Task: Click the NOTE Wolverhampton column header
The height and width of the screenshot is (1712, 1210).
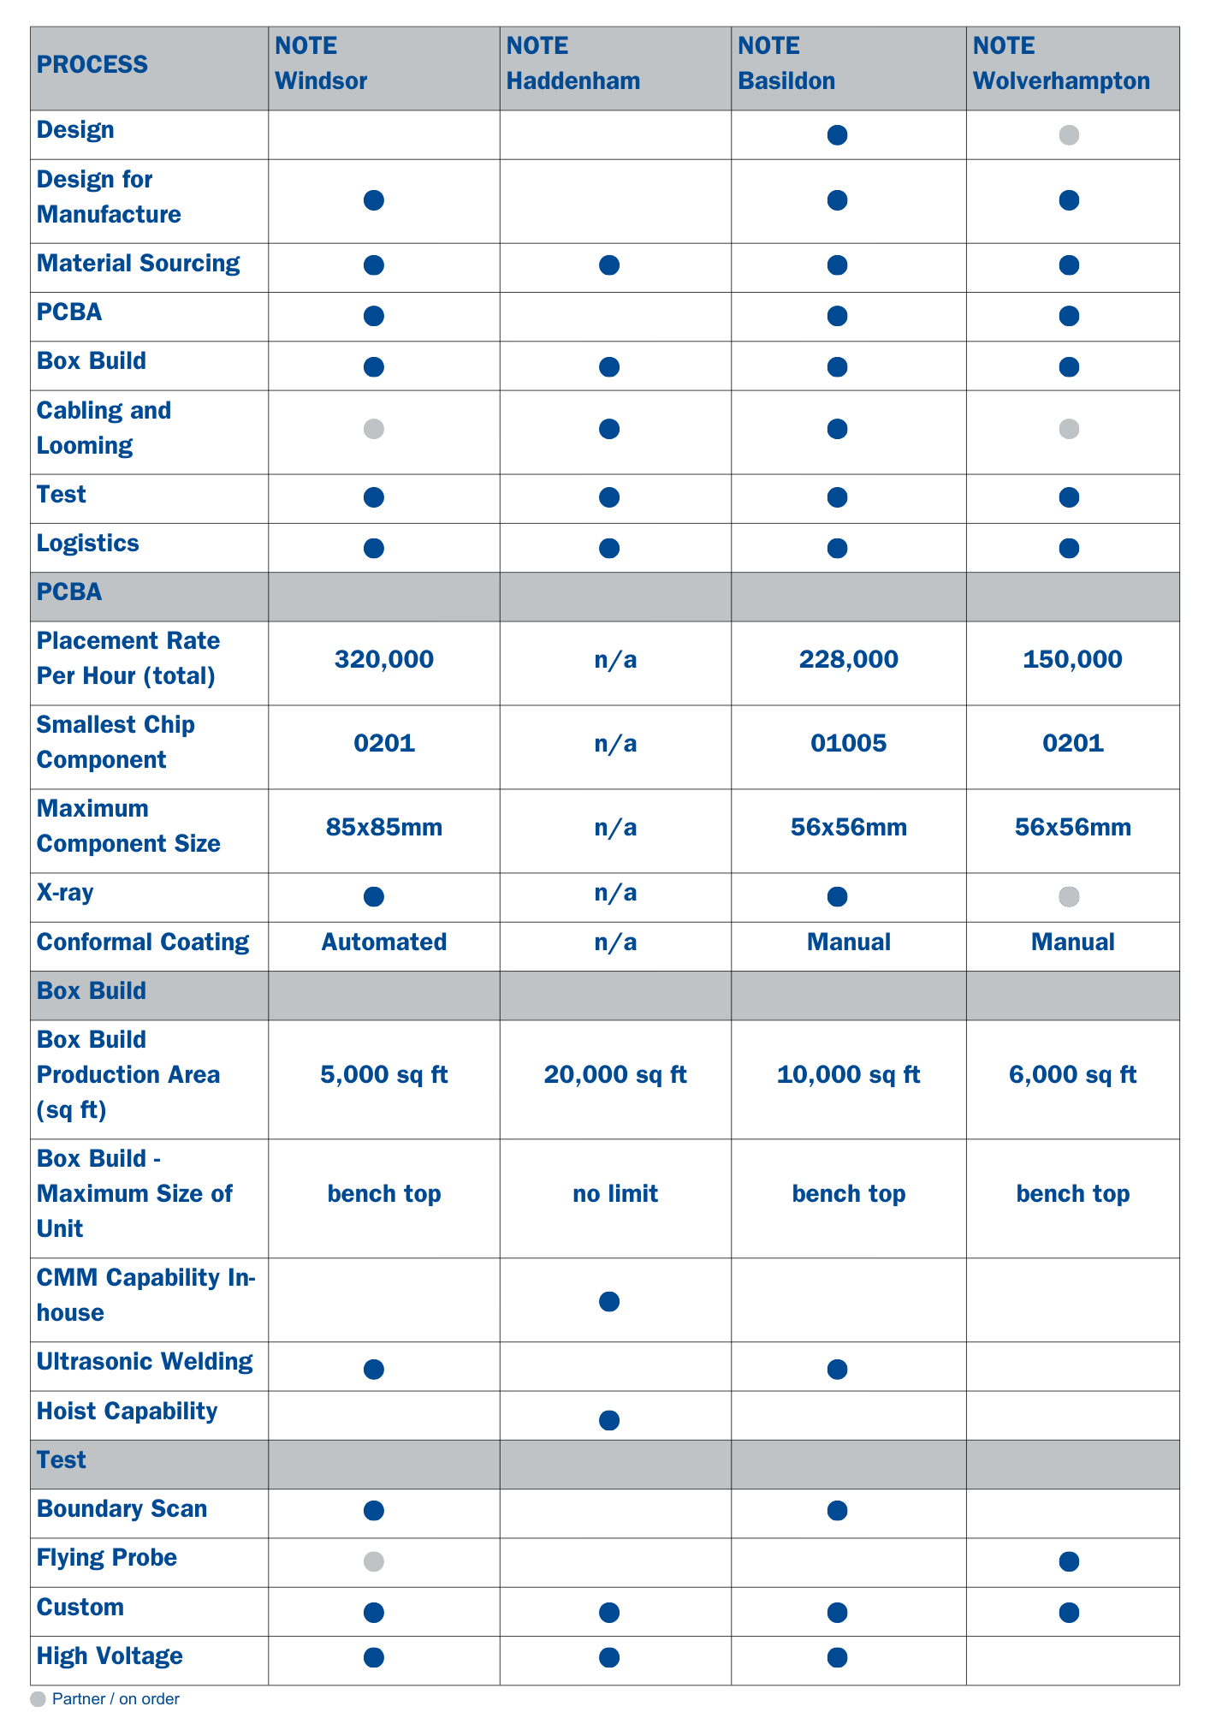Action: click(1061, 64)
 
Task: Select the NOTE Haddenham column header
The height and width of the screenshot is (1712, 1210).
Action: click(572, 64)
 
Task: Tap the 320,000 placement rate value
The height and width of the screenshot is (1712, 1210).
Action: click(384, 659)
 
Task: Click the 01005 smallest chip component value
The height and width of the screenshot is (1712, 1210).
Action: click(848, 743)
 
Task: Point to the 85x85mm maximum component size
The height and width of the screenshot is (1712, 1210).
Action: click(384, 827)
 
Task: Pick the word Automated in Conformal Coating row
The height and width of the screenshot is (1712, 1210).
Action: click(384, 942)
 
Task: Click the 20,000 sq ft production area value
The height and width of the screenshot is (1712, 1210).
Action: click(615, 1074)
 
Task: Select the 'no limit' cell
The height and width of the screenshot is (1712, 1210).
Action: click(615, 1193)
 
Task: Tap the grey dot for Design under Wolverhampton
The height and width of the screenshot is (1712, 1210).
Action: click(1069, 134)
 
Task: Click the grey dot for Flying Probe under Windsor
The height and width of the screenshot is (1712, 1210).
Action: click(374, 1561)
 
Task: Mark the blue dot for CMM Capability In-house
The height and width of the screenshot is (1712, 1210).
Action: click(609, 1302)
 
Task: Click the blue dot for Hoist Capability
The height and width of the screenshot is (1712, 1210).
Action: click(609, 1421)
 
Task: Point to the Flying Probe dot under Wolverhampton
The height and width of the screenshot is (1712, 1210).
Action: click(1069, 1561)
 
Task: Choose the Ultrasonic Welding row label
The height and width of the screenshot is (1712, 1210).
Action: click(145, 1362)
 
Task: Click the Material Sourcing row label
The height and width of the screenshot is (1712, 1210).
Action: click(138, 263)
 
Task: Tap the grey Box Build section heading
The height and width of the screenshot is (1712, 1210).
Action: click(92, 991)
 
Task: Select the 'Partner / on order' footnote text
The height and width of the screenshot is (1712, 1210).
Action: click(116, 1699)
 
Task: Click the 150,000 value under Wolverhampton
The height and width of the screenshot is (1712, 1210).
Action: click(1072, 659)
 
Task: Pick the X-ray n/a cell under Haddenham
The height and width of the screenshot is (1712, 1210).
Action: click(615, 893)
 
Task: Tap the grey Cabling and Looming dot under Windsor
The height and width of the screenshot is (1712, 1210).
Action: click(374, 429)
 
